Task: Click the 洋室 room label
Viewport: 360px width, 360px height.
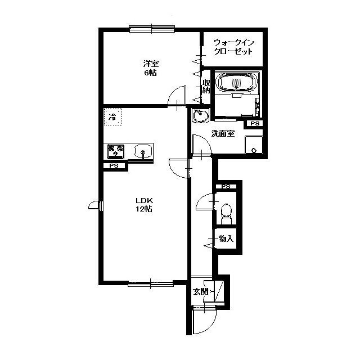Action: coord(151,64)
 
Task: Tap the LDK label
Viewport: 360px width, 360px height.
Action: coord(144,200)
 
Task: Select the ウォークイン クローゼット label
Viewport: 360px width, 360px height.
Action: coord(233,47)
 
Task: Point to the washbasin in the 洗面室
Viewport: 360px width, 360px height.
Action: coord(201,115)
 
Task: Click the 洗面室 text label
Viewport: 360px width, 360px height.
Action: coord(223,134)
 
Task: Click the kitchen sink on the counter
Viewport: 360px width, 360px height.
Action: coord(143,151)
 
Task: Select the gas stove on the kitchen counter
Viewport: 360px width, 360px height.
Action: coord(116,151)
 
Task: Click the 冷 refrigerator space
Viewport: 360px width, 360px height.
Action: coord(112,117)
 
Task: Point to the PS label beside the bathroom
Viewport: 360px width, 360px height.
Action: coord(255,123)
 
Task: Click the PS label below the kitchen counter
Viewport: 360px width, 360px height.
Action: coord(114,165)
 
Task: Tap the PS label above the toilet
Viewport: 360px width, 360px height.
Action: coord(226,186)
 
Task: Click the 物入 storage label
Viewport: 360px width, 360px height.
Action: coord(226,238)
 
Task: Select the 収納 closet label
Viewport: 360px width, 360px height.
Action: coord(206,86)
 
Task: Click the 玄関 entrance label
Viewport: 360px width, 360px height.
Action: coord(200,291)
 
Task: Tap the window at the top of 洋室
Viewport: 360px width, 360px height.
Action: coord(152,29)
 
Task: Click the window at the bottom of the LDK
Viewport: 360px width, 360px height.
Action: coord(150,283)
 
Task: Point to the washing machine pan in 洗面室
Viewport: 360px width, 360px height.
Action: coord(254,145)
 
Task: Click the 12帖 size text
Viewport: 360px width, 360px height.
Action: coord(144,209)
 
